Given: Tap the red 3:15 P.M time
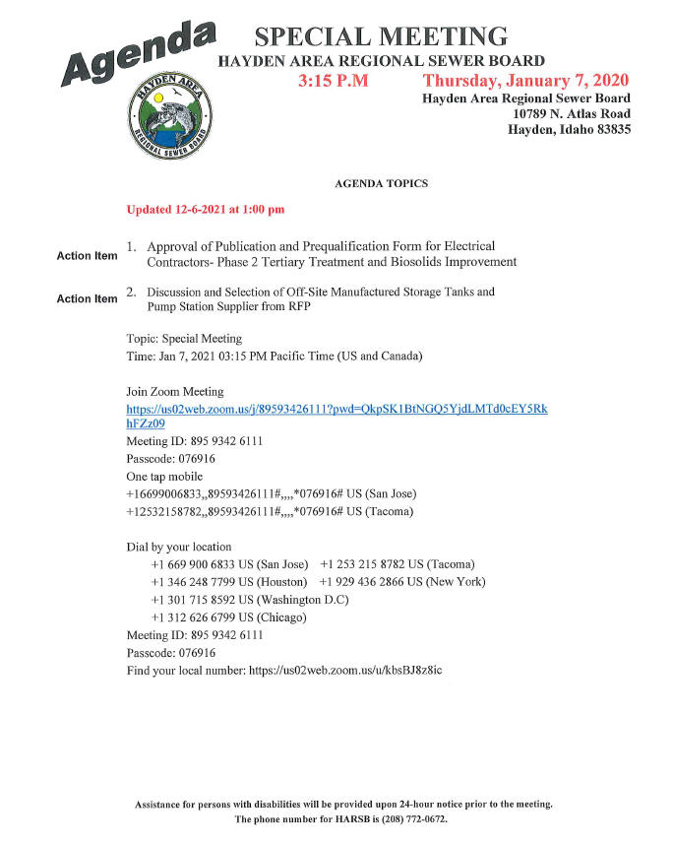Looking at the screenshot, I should tap(333, 81).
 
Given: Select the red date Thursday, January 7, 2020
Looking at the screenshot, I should tap(526, 81).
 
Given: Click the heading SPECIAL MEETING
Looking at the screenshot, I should tap(381, 38).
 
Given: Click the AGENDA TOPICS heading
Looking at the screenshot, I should tap(381, 184).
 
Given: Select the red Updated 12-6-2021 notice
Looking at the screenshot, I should tap(206, 210).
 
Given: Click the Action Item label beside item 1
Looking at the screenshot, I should tap(87, 256).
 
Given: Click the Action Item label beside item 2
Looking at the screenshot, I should tap(87, 298).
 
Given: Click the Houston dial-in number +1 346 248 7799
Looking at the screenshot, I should tap(229, 581).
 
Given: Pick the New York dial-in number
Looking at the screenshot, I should tap(402, 581).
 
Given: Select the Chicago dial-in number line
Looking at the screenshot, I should tap(228, 617).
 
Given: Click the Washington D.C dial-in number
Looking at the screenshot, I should tap(250, 599).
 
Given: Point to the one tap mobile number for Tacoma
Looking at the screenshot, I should tap(272, 512).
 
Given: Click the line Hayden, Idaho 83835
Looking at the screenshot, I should tap(569, 130).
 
